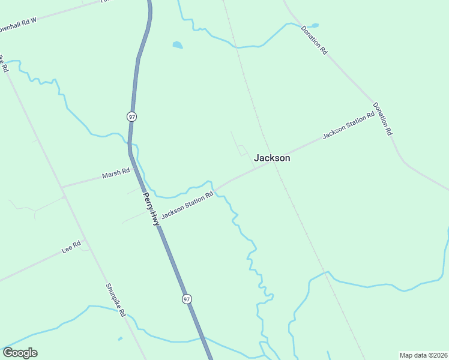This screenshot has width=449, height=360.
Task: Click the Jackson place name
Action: [x=272, y=158]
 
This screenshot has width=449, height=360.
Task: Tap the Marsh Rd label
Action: [x=116, y=173]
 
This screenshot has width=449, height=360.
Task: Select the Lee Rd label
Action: [x=71, y=247]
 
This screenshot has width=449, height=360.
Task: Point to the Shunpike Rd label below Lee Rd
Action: [x=115, y=300]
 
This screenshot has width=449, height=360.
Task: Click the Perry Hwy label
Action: [x=151, y=208]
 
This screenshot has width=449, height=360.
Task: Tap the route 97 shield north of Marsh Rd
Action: [x=131, y=116]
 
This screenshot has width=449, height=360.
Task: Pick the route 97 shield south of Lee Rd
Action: [x=187, y=298]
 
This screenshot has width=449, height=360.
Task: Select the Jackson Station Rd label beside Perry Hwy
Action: [x=187, y=205]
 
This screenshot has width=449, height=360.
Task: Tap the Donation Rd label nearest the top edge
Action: [x=315, y=40]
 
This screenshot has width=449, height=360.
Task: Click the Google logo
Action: [x=20, y=353]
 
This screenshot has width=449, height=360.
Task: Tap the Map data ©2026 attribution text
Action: [x=424, y=355]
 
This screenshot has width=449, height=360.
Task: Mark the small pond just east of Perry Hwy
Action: [x=177, y=44]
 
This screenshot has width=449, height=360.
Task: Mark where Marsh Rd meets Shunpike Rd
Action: [x=62, y=187]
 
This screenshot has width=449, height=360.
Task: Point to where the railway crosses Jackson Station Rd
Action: [x=276, y=163]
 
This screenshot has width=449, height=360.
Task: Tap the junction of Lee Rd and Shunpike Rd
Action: [x=85, y=240]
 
